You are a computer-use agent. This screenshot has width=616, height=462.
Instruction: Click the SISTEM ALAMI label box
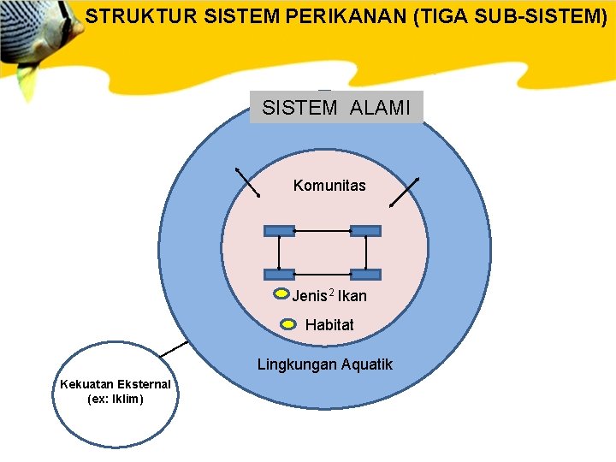(336, 108)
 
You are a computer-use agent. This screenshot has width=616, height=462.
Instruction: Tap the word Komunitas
(329, 185)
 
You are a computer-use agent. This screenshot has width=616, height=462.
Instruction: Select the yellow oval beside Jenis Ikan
(281, 295)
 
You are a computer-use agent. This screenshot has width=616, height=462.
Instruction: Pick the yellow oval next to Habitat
(289, 325)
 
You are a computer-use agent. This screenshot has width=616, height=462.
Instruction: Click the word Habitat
(329, 325)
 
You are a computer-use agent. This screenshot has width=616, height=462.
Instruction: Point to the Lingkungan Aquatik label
(325, 364)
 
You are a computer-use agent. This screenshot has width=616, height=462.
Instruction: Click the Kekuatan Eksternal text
(115, 384)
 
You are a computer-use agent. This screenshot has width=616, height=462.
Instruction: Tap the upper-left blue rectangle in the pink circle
(280, 230)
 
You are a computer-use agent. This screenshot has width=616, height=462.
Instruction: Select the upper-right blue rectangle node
(365, 230)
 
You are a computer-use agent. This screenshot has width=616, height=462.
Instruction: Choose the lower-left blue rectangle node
(280, 274)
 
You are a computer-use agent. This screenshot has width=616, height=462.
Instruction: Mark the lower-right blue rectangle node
(365, 274)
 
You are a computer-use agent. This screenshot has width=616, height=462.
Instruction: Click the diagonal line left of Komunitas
(248, 182)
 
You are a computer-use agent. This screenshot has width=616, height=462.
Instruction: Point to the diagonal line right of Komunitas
(404, 192)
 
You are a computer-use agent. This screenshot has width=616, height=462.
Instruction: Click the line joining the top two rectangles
(323, 231)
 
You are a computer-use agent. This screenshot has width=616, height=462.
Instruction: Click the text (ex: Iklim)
(115, 399)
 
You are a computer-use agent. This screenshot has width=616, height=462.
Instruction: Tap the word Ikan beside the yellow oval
(352, 296)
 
